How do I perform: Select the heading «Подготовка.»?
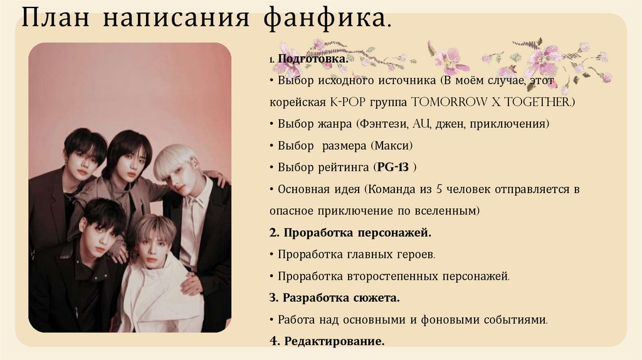pos(313,58)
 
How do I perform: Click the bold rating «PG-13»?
pos(392,167)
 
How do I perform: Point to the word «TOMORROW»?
pos(448,102)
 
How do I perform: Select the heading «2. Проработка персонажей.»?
pos(350,233)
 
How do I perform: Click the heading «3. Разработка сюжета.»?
pos(335,297)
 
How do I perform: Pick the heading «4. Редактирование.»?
pos(327,341)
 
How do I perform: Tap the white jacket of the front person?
pos(157,295)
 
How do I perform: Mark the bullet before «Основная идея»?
pos(272,189)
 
